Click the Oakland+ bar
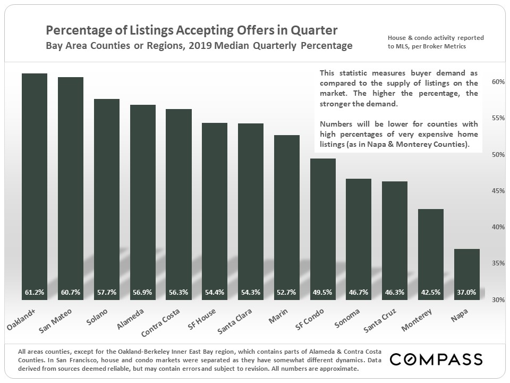35,186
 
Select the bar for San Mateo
70,188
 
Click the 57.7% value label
107,292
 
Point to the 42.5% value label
431,292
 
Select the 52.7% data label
287,292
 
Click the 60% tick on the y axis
498,82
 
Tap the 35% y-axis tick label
498,263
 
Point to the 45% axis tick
498,191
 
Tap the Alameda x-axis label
128,318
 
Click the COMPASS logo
436,359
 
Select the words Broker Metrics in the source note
445,46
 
